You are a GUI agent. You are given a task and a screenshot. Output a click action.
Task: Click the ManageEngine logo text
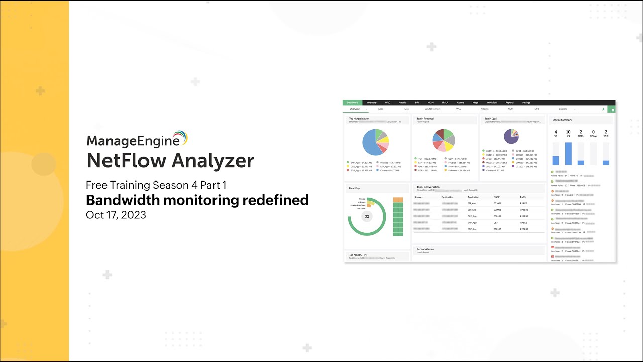pyautogui.click(x=133, y=140)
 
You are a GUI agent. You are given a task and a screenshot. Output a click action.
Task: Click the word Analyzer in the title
pyautogui.click(x=214, y=161)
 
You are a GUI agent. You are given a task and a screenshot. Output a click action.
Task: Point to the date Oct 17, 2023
pyautogui.click(x=116, y=215)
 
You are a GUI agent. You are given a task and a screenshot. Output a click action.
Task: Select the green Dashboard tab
pyautogui.click(x=352, y=103)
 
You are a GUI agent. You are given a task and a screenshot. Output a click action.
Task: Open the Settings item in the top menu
pyautogui.click(x=526, y=103)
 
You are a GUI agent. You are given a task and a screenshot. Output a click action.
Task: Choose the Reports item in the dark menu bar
pyautogui.click(x=509, y=103)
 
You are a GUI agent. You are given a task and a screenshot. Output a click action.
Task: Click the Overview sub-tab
pyautogui.click(x=355, y=109)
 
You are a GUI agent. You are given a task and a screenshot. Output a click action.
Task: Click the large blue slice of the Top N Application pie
pyautogui.click(x=370, y=144)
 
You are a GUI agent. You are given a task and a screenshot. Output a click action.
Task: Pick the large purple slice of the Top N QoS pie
pyautogui.click(x=510, y=138)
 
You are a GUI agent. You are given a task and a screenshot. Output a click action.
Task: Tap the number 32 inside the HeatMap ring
pyautogui.click(x=367, y=216)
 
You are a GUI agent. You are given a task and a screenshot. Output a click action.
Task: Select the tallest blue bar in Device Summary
pyautogui.click(x=568, y=154)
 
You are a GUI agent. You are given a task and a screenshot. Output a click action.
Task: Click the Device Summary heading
pyautogui.click(x=562, y=120)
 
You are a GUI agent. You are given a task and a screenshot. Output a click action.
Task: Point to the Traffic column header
pyautogui.click(x=523, y=197)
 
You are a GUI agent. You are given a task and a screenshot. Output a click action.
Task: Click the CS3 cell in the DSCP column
pyautogui.click(x=496, y=222)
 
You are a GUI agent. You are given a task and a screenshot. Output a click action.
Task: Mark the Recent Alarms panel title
pyautogui.click(x=425, y=249)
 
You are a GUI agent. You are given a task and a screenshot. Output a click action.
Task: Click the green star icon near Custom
pyautogui.click(x=603, y=109)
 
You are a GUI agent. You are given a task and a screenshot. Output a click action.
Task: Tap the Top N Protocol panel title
pyautogui.click(x=425, y=119)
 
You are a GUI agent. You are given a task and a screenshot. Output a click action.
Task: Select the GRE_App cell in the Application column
pyautogui.click(x=472, y=216)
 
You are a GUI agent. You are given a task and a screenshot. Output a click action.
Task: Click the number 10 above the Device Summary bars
pyautogui.click(x=568, y=132)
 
